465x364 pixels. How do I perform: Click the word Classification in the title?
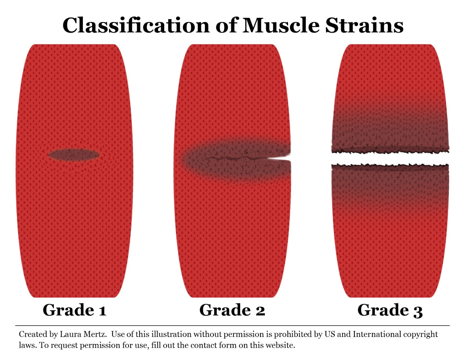(x=136, y=25)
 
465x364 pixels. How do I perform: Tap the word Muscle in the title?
(x=281, y=25)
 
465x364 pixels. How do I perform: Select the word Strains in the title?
(x=364, y=25)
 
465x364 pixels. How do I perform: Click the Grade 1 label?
(x=74, y=310)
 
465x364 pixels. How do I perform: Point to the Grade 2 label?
(x=232, y=310)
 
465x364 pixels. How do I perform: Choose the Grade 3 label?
(x=390, y=310)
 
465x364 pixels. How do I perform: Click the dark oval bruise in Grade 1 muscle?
(x=74, y=155)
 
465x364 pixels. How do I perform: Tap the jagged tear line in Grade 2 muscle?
(x=233, y=159)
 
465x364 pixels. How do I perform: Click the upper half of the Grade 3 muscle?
(x=390, y=96)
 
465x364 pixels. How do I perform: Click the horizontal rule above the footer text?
(x=233, y=326)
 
